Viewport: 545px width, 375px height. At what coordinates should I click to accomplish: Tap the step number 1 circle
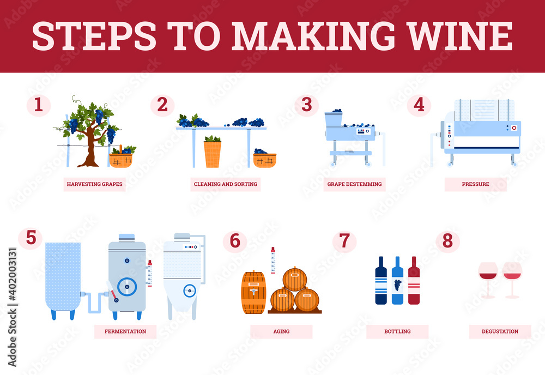click(x=39, y=105)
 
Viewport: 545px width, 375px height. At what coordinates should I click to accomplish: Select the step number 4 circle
click(x=419, y=105)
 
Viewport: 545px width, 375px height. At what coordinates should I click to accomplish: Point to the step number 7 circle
click(x=344, y=241)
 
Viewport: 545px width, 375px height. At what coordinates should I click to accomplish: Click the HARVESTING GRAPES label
click(x=94, y=184)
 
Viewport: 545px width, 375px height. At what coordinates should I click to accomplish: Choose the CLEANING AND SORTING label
click(x=226, y=184)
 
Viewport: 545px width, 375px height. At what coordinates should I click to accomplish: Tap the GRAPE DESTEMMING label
click(x=355, y=184)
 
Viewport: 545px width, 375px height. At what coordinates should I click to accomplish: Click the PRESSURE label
click(x=475, y=184)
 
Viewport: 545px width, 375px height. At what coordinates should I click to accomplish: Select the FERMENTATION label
click(x=125, y=331)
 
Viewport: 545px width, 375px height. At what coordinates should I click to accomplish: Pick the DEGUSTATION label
click(x=500, y=331)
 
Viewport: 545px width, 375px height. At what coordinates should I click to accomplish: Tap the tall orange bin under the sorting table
click(x=213, y=154)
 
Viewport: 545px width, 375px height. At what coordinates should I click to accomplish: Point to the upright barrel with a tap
click(x=254, y=292)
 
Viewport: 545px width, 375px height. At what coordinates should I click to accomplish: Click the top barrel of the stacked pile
click(x=295, y=279)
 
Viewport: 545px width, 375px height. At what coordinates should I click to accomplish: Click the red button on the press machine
click(x=514, y=128)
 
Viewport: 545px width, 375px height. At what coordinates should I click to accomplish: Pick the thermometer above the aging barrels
click(x=273, y=261)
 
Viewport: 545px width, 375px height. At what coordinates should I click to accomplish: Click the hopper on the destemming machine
click(x=334, y=119)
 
